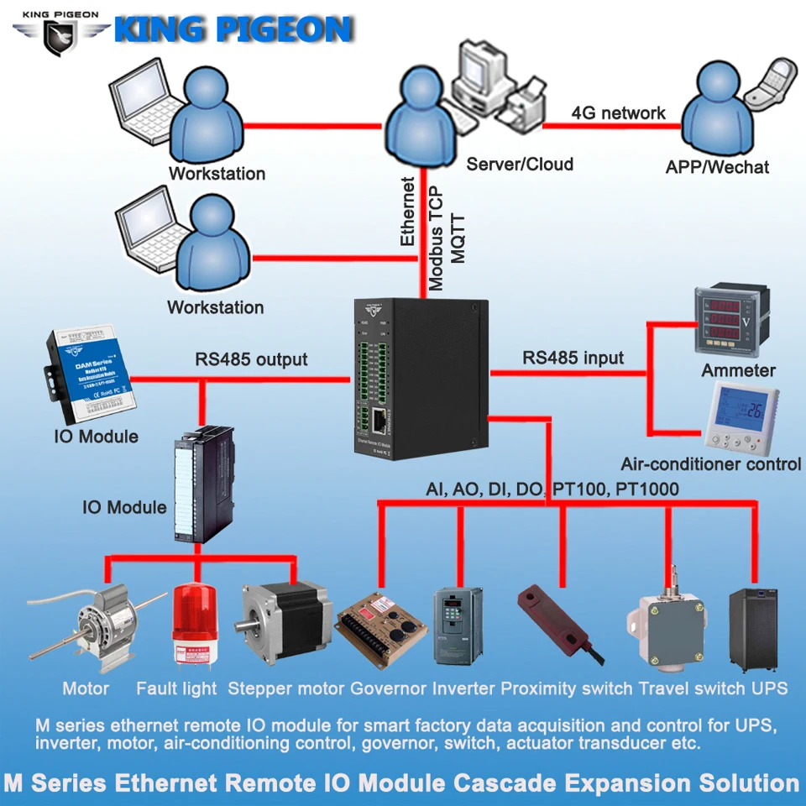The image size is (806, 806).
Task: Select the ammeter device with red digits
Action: click(x=725, y=321)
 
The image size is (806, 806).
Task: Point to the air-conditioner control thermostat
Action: click(x=742, y=416)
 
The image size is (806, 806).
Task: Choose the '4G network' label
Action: click(x=618, y=113)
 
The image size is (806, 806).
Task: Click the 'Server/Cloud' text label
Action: click(x=520, y=165)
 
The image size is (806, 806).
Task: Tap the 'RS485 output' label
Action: click(x=252, y=359)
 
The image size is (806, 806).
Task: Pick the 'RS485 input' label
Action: click(x=573, y=358)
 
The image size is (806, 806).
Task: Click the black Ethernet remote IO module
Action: click(x=417, y=378)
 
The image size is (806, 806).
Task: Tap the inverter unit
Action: click(x=458, y=625)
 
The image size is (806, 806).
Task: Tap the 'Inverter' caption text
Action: click(x=463, y=689)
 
